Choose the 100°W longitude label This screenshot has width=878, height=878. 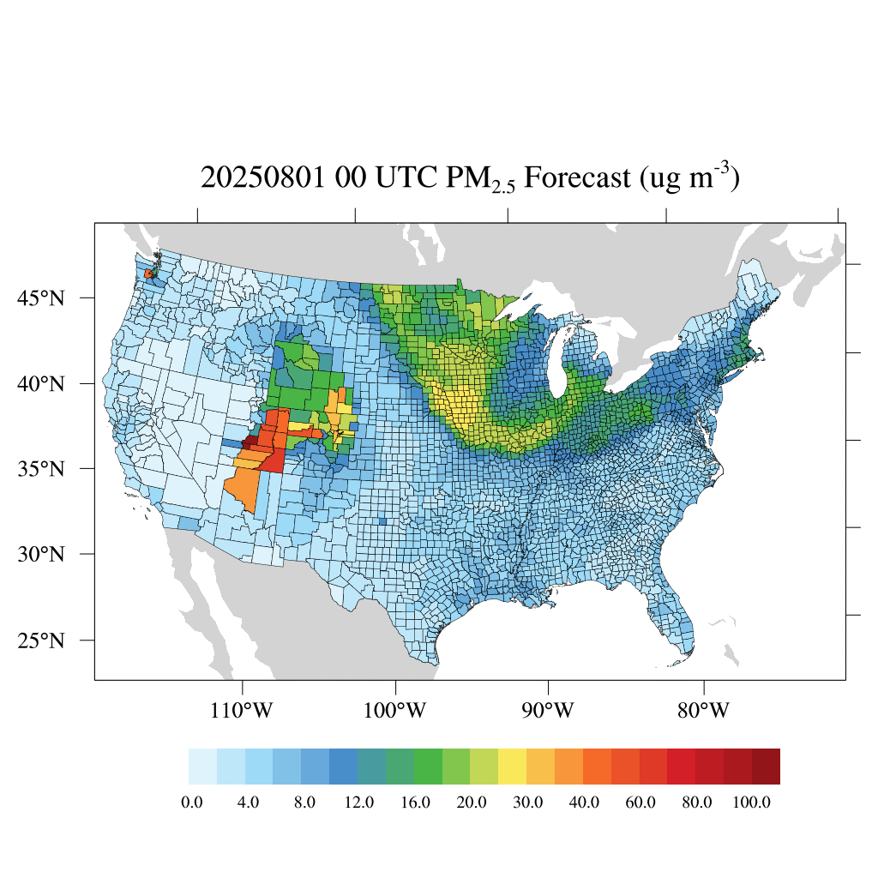(x=396, y=711)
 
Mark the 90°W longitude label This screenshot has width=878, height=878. (x=548, y=711)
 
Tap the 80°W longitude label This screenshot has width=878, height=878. (x=704, y=711)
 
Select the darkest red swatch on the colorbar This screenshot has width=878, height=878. (x=766, y=767)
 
